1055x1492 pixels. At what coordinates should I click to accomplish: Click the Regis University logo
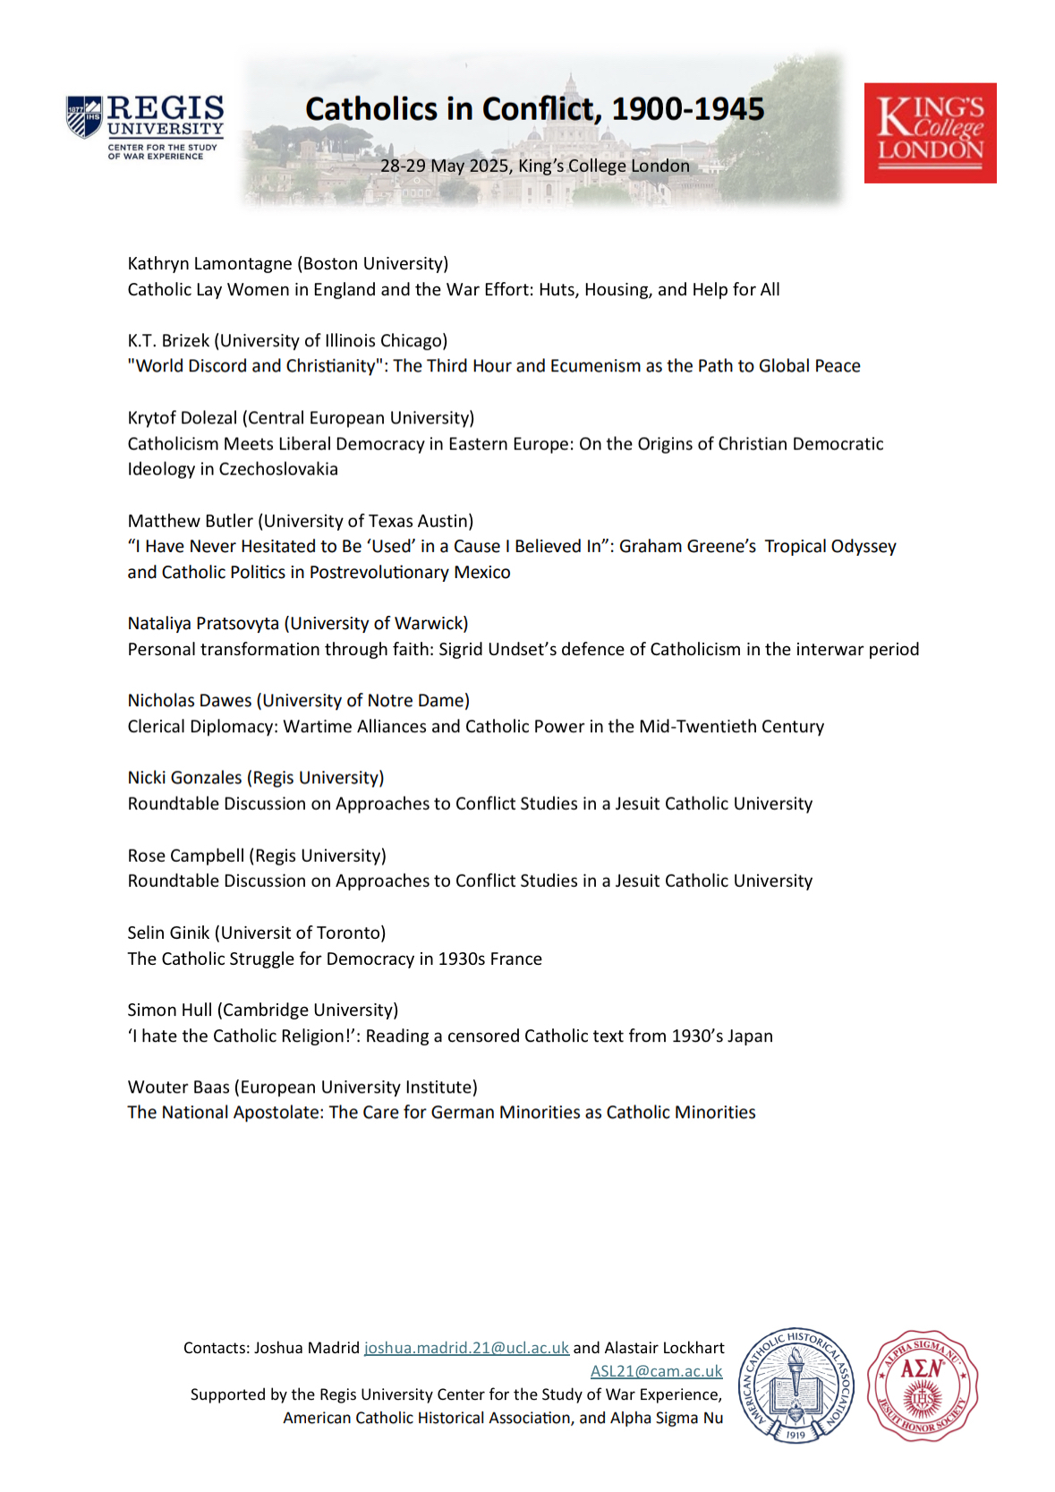click(145, 127)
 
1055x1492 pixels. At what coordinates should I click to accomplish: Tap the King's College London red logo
click(930, 132)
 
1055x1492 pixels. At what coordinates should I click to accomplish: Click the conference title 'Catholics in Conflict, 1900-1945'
click(534, 109)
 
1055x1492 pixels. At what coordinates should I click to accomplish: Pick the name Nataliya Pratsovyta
click(203, 623)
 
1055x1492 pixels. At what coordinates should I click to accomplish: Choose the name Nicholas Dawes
click(190, 700)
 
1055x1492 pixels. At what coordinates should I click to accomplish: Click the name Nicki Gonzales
click(184, 778)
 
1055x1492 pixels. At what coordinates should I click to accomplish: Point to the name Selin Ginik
click(168, 933)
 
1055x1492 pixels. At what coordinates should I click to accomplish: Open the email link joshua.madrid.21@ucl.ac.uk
click(466, 1348)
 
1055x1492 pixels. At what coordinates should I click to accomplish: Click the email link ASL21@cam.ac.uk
click(656, 1371)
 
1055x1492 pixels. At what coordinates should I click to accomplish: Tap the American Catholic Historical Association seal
click(796, 1385)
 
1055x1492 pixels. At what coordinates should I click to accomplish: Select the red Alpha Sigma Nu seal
click(922, 1385)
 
